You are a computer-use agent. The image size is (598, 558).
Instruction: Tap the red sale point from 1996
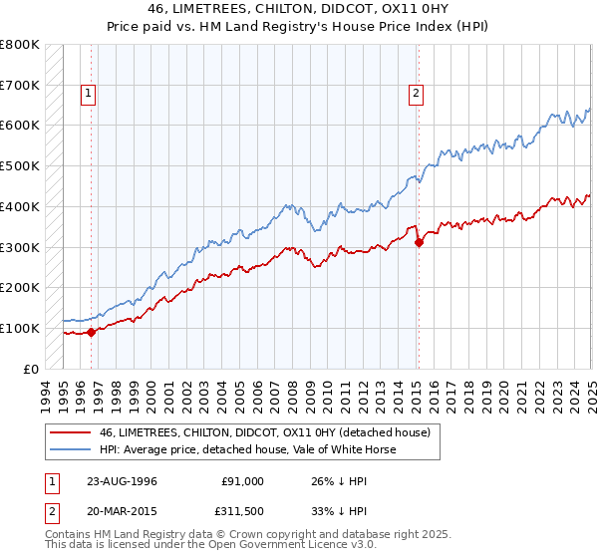pos(91,332)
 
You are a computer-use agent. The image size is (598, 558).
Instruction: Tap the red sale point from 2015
pos(419,241)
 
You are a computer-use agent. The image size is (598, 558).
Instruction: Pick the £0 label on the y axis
pos(32,369)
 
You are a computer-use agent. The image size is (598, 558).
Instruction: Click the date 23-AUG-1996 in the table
pos(121,481)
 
